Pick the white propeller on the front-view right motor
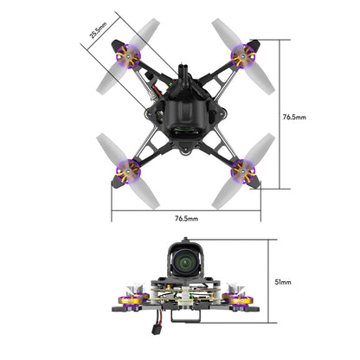[235, 287]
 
